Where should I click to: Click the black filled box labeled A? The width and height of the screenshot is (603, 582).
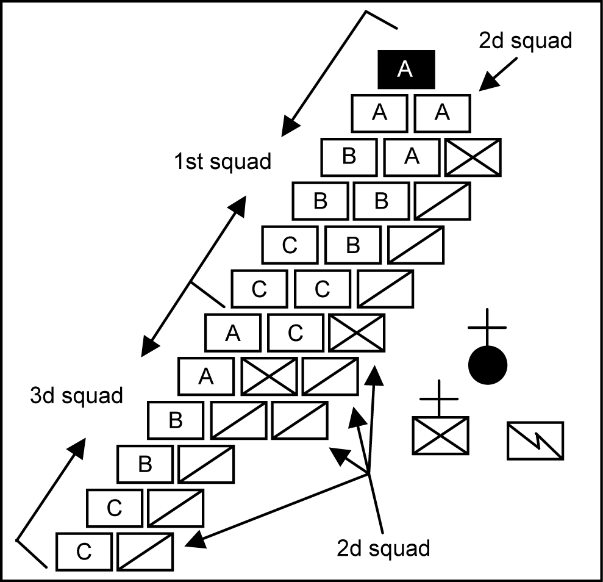coord(406,69)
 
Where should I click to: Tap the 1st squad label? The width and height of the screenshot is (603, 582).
coord(222,162)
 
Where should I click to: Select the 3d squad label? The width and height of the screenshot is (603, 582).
coord(76,395)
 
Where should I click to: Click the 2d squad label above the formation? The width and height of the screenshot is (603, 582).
coord(525,41)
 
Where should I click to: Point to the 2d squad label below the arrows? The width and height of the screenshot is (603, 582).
coord(384,548)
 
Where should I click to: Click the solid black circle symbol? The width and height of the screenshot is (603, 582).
coord(488,365)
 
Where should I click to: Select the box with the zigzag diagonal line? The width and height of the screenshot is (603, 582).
coord(535,440)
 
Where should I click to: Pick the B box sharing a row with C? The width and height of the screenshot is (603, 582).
coord(353,245)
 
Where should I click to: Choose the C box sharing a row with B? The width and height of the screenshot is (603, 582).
coord(290,245)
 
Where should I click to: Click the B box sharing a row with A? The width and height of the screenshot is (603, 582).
coord(349,157)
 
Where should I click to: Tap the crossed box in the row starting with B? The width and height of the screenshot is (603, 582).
coord(473,157)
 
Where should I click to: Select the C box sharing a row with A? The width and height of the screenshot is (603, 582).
coord(296,333)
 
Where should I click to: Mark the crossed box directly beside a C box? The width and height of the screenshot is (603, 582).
coord(357,333)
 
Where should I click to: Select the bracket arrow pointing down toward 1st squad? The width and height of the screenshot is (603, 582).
coord(323,74)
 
